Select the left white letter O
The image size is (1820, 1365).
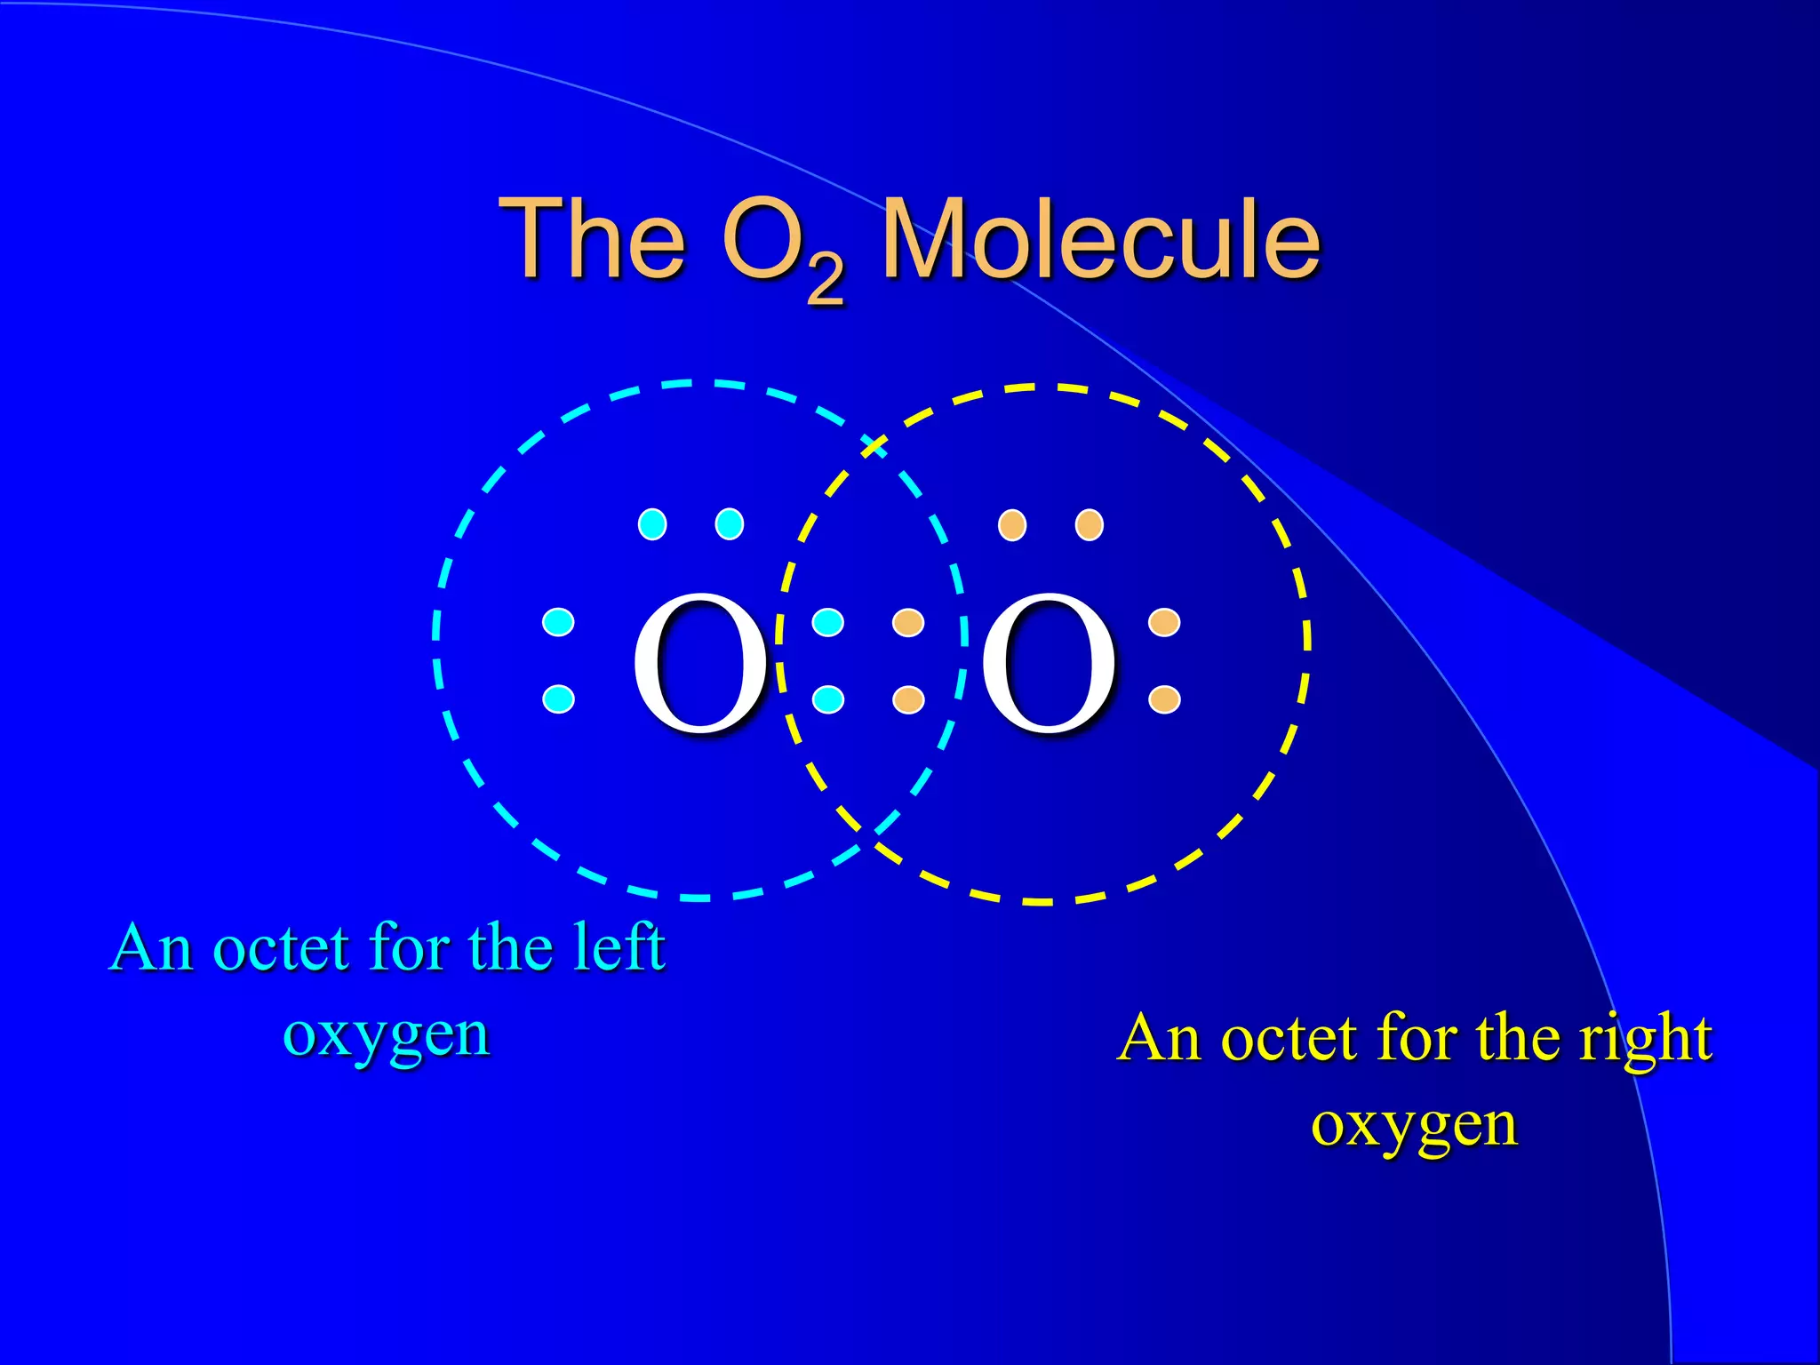click(x=699, y=664)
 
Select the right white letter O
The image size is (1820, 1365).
click(x=1048, y=664)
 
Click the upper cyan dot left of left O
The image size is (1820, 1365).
click(x=558, y=622)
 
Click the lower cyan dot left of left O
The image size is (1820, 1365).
click(x=558, y=699)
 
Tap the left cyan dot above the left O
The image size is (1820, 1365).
click(x=652, y=524)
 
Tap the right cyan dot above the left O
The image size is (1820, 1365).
click(x=730, y=524)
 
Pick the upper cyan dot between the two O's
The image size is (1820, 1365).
click(x=828, y=622)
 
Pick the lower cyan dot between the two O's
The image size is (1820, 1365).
click(x=828, y=699)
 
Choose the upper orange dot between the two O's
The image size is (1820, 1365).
click(x=908, y=622)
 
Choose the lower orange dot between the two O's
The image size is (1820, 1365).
click(x=908, y=699)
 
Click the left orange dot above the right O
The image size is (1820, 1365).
click(x=1012, y=524)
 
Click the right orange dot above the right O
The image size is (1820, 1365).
click(x=1090, y=524)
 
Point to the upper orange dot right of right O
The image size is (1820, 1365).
click(x=1164, y=622)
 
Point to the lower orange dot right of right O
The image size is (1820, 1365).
click(x=1164, y=699)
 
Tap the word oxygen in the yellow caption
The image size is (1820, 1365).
click(x=1414, y=1125)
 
